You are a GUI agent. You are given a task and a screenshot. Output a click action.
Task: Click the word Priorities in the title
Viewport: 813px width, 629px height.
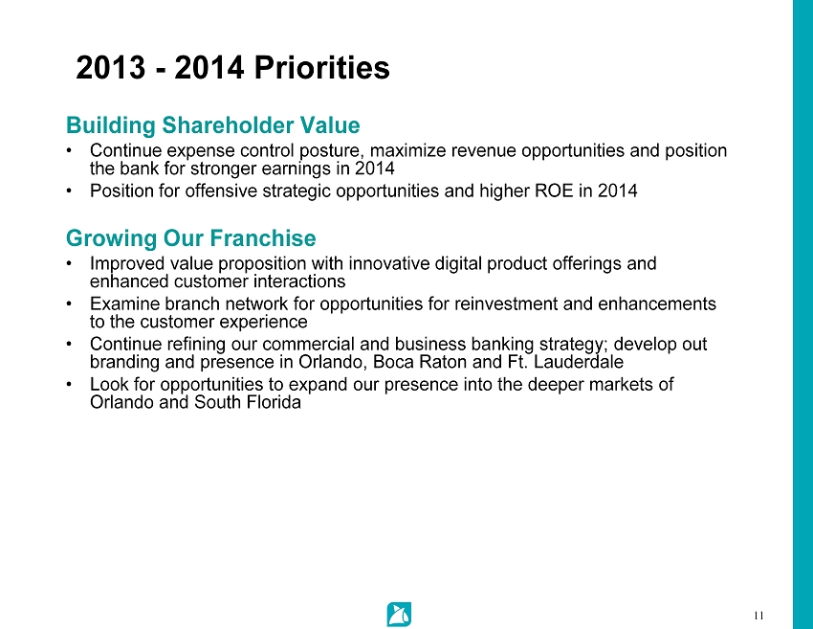click(x=321, y=67)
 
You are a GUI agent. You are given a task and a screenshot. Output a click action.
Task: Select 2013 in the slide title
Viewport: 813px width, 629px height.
click(x=110, y=67)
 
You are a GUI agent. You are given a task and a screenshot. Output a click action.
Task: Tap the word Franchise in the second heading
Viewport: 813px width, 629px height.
click(x=263, y=237)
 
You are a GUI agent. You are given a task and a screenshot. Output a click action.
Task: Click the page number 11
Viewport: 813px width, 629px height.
click(x=758, y=616)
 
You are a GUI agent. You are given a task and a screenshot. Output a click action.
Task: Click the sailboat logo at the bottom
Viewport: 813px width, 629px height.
click(x=399, y=615)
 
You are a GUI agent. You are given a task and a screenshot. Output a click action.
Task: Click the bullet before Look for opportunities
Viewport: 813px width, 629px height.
click(x=69, y=385)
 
